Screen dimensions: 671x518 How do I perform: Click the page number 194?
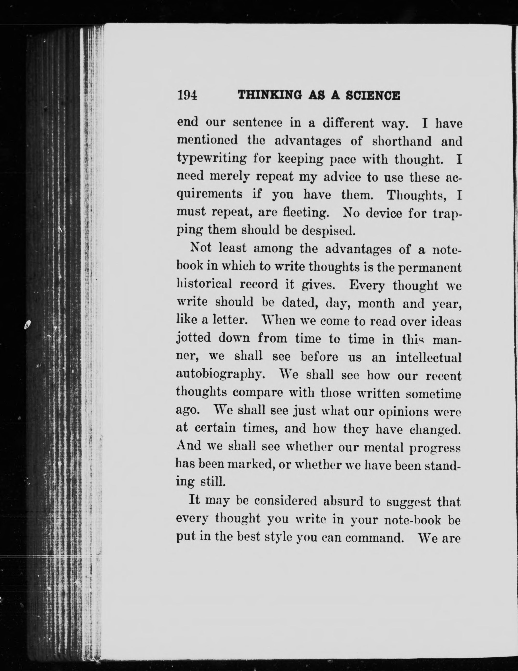point(187,96)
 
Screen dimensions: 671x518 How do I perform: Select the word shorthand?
point(402,141)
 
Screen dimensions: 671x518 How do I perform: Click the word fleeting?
point(305,213)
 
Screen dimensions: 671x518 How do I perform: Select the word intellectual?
point(428,357)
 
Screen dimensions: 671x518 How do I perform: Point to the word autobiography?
point(219,375)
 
